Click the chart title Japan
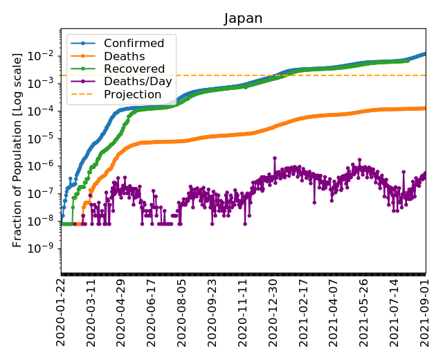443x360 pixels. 243,19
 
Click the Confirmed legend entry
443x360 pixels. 134,44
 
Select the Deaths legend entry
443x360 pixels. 123,56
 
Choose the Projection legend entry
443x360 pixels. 132,94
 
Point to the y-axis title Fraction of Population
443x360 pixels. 19,149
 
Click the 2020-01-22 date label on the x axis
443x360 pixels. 62,313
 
